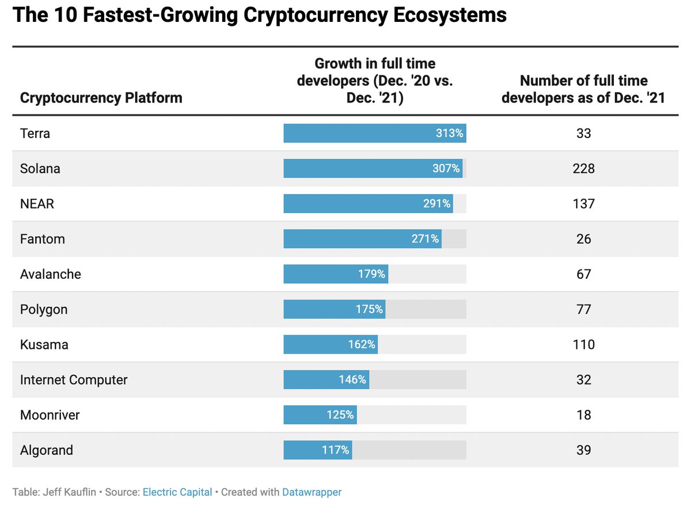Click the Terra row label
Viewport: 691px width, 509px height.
tap(35, 134)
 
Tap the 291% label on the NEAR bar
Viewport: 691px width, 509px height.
tap(437, 204)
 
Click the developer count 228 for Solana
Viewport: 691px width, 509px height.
tap(583, 169)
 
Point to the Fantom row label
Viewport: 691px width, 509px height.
tap(43, 239)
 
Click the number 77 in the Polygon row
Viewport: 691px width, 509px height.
tap(583, 309)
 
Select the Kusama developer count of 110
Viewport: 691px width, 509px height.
tap(583, 344)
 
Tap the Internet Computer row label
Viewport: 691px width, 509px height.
tap(74, 380)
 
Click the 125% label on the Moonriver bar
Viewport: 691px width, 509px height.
tap(340, 415)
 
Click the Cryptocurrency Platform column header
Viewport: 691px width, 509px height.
tap(101, 98)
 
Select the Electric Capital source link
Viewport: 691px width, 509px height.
tap(177, 492)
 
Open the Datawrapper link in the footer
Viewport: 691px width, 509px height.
tap(312, 492)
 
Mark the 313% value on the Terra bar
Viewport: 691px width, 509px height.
tap(450, 134)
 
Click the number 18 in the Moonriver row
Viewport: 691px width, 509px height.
tap(583, 415)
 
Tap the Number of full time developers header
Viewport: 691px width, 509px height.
tap(583, 89)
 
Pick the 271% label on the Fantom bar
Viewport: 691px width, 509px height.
tap(426, 239)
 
